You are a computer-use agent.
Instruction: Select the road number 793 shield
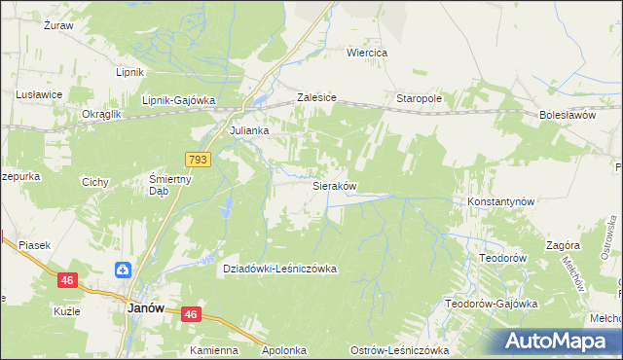pyautogui.click(x=198, y=158)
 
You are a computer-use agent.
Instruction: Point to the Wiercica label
pyautogui.click(x=368, y=53)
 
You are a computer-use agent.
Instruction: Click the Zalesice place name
pyautogui.click(x=316, y=98)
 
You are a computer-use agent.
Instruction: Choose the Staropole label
pyautogui.click(x=420, y=98)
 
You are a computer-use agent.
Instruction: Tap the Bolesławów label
pyautogui.click(x=567, y=114)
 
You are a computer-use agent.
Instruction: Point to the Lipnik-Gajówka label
pyautogui.click(x=178, y=99)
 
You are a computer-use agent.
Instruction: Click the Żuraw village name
pyautogui.click(x=59, y=25)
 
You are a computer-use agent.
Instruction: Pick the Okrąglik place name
pyautogui.click(x=101, y=114)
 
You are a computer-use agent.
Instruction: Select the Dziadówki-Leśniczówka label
pyautogui.click(x=266, y=269)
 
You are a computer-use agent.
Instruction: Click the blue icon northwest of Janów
pyautogui.click(x=124, y=270)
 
